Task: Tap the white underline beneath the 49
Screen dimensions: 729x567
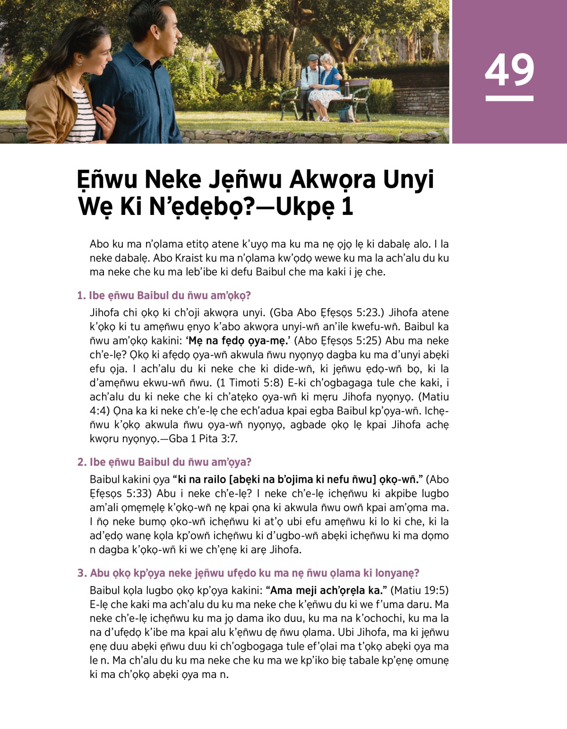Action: pos(509,98)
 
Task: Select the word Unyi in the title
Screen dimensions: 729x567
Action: pos(408,180)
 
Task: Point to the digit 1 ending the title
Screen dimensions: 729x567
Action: pos(347,207)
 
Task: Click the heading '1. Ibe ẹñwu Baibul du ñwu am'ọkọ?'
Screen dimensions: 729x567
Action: pos(164,296)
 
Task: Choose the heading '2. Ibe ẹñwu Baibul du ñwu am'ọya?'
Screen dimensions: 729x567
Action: pos(164,462)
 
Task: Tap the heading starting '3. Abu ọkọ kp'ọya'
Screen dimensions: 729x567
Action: pos(248,573)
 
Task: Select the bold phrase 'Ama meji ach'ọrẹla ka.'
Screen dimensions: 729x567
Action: pos(326,590)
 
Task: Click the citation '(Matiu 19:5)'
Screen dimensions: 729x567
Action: pos(420,590)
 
